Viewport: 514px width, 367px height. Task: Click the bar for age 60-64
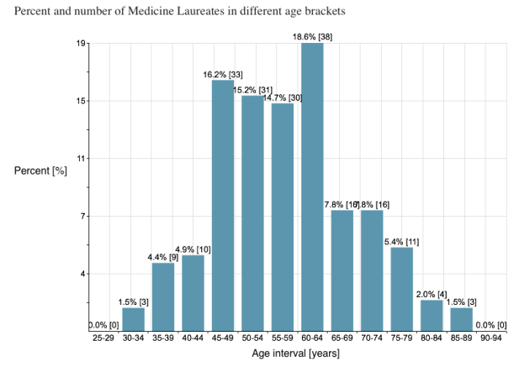(x=312, y=186)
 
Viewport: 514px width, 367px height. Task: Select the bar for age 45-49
(x=223, y=206)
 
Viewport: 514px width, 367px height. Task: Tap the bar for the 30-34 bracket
(x=133, y=319)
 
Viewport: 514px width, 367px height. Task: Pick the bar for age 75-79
(x=402, y=289)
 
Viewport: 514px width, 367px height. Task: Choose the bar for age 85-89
(x=462, y=319)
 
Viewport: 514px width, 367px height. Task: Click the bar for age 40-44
(x=193, y=293)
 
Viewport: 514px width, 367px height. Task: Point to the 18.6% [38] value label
(x=312, y=37)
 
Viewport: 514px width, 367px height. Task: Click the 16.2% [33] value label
(x=223, y=75)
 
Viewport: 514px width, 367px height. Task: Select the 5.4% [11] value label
(x=401, y=242)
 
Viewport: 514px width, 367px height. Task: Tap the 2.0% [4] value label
(x=432, y=294)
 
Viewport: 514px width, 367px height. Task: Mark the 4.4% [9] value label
(x=163, y=258)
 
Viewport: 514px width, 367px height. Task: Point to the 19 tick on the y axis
(x=82, y=44)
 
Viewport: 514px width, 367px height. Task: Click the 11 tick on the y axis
(x=82, y=159)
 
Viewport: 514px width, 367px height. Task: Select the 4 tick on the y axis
(x=83, y=274)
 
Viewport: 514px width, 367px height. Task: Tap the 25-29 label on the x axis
(x=103, y=338)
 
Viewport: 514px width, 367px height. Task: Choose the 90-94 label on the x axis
(x=491, y=338)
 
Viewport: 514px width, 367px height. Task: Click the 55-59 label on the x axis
(x=283, y=338)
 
